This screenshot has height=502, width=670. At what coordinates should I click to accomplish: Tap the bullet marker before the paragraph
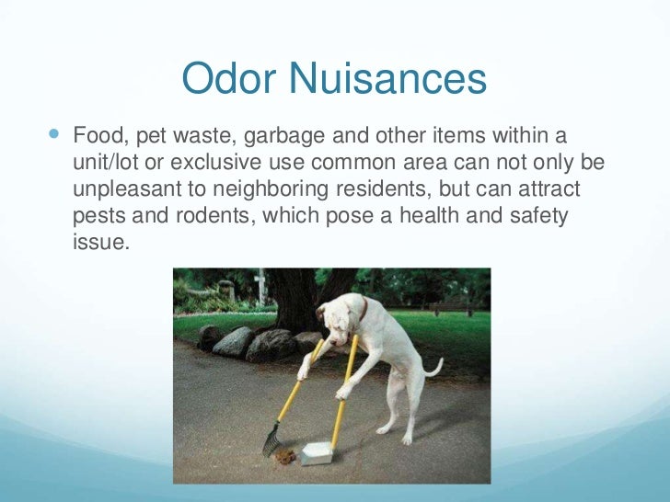tap(52, 134)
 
